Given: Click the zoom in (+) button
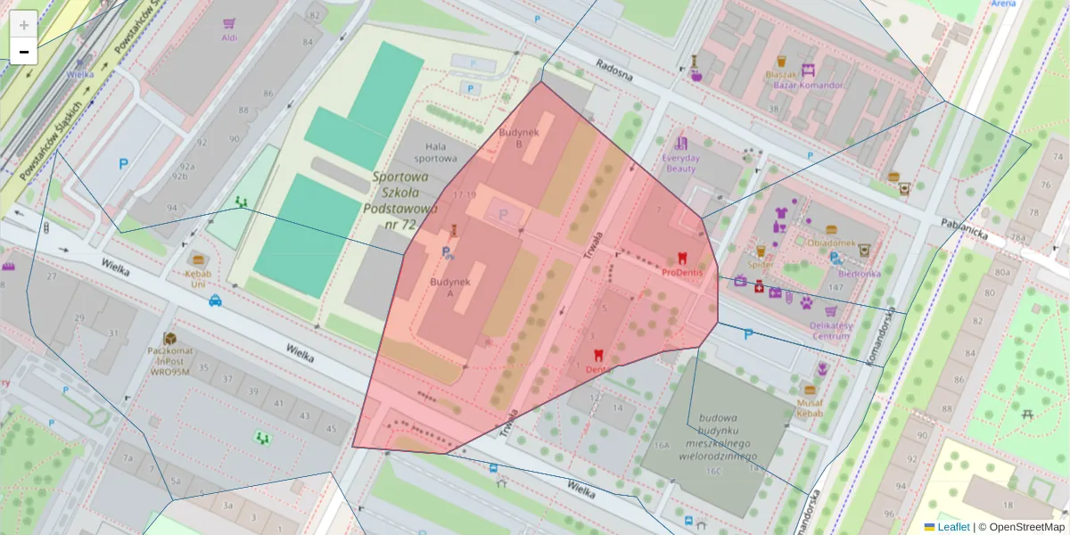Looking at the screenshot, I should tap(23, 25).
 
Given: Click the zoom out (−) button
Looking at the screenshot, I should tap(23, 52).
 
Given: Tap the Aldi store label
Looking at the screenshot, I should tap(229, 38).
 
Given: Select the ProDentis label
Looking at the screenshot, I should tap(683, 272).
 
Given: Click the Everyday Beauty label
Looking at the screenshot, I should tap(680, 163).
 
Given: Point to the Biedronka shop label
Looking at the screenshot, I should tap(853, 274).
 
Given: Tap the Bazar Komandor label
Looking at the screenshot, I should tap(803, 86).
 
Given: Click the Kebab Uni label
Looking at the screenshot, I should tap(198, 278).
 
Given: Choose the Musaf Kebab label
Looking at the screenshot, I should tap(810, 408).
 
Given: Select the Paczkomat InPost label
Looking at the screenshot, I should tap(169, 361).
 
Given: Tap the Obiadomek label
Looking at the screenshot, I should tap(831, 243).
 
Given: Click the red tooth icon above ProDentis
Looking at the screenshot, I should tap(683, 257).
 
